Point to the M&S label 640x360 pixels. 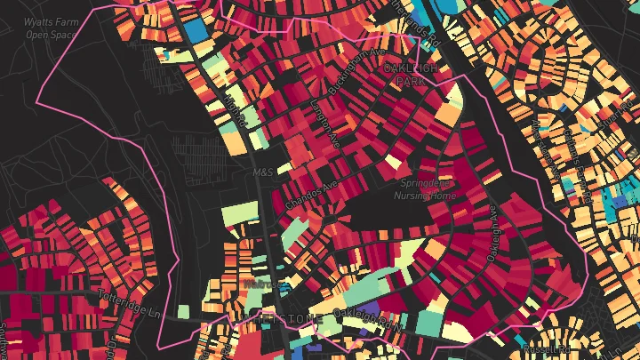tap(261, 172)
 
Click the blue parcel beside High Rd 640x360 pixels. tap(192, 30)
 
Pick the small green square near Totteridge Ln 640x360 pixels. tap(183, 312)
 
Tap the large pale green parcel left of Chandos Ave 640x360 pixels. tap(238, 213)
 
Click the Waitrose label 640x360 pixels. tap(254, 284)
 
